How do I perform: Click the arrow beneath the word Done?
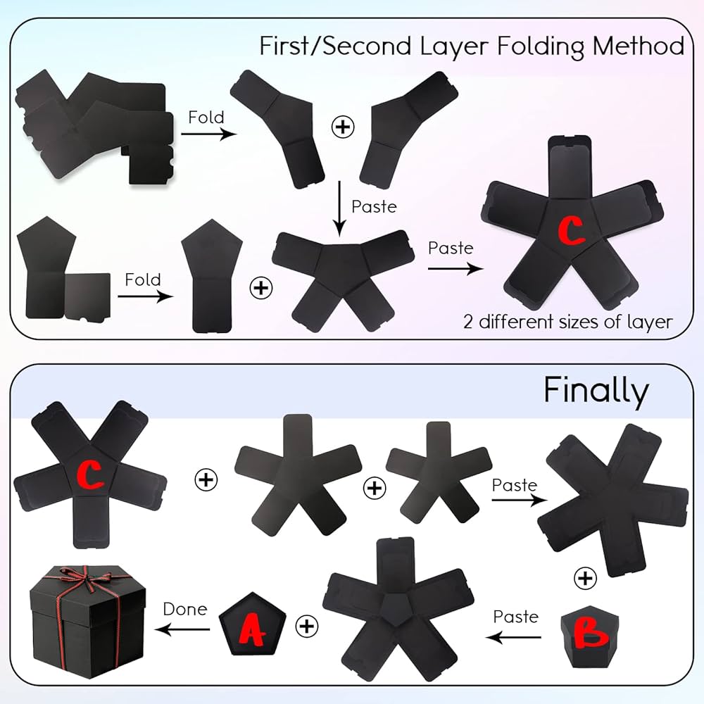(184, 629)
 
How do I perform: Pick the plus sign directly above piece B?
(585, 579)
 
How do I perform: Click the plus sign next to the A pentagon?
(306, 624)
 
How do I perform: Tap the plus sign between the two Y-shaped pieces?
(343, 127)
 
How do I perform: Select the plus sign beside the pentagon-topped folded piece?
(261, 287)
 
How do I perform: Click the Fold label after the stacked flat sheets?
(206, 116)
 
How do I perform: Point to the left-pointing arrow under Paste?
(513, 637)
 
